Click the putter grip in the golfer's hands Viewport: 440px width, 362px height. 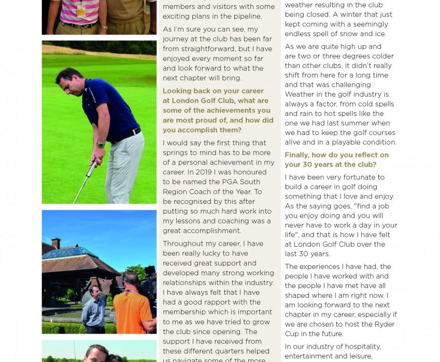point(94,167)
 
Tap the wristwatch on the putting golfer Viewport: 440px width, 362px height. point(100,145)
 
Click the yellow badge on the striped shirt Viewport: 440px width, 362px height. point(81,11)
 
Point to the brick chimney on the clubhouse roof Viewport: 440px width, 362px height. point(56,243)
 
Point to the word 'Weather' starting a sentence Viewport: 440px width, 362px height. point(300,94)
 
